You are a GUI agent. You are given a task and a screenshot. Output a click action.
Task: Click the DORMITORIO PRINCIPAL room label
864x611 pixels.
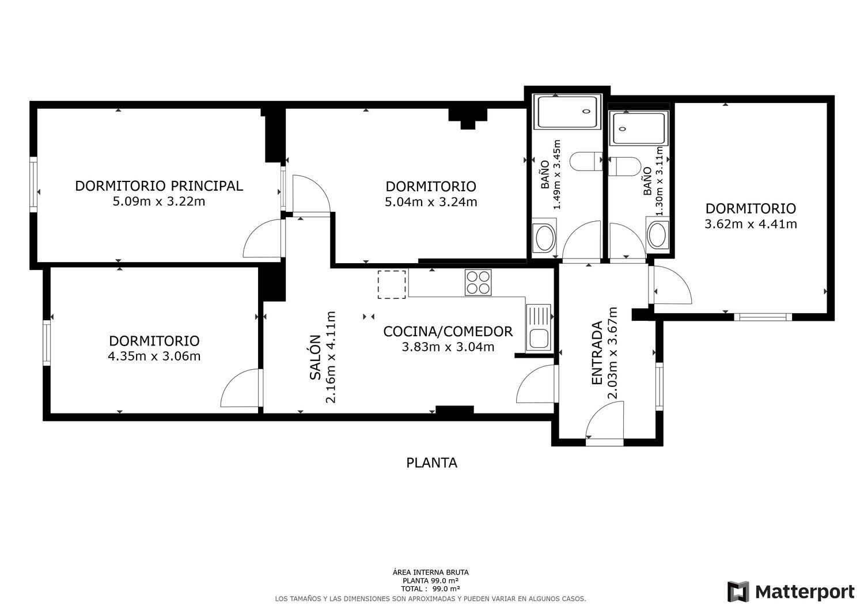tap(159, 186)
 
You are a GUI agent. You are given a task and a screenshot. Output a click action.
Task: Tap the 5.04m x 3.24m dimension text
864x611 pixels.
tap(431, 202)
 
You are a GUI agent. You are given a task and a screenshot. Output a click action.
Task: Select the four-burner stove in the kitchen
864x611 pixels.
tap(478, 282)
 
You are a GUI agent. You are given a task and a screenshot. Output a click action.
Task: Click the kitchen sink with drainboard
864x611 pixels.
tap(539, 328)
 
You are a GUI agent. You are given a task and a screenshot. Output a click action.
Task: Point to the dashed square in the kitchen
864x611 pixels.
tap(392, 284)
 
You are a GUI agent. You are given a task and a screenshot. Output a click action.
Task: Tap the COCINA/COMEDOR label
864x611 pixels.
tap(448, 331)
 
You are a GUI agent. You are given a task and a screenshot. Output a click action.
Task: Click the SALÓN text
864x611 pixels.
tap(316, 357)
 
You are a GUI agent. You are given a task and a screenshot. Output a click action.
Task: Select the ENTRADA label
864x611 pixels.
tap(597, 352)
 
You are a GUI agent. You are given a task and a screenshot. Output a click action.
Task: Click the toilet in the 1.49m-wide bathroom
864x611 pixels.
tap(586, 162)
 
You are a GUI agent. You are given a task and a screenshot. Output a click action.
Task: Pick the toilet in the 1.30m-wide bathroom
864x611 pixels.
tap(624, 166)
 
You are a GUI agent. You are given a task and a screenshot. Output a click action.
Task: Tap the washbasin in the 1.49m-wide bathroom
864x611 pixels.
tap(545, 238)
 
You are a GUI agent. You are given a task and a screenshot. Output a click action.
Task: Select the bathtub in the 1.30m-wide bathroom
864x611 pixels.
tap(641, 128)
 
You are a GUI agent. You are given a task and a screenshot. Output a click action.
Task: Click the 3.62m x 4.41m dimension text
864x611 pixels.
tap(751, 223)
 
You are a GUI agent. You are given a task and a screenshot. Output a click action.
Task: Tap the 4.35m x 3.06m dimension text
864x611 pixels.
tap(154, 356)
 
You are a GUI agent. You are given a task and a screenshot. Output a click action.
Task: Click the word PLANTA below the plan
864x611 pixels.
tap(431, 462)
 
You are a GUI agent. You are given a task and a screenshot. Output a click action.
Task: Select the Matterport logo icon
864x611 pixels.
tap(738, 592)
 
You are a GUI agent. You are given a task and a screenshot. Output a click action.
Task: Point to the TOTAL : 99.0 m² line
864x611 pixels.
tap(430, 589)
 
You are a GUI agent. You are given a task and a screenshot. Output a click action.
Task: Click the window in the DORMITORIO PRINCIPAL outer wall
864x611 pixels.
tap(33, 184)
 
